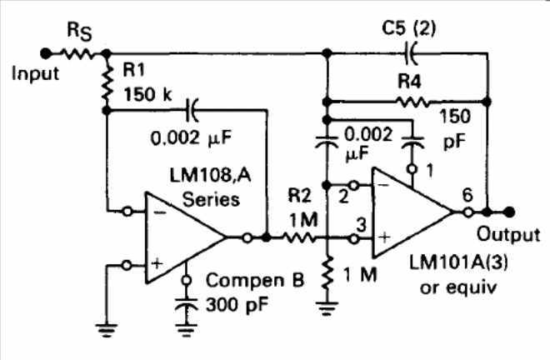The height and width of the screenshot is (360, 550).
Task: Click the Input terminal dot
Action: (45, 53)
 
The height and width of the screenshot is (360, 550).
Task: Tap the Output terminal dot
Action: (509, 212)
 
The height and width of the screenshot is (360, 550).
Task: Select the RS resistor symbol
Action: (77, 53)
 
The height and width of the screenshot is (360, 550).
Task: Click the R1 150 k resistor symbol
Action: (107, 82)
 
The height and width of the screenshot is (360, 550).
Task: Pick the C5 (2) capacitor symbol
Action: (410, 53)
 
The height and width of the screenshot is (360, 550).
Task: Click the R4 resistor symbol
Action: (412, 102)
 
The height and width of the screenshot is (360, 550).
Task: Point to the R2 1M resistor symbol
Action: (299, 237)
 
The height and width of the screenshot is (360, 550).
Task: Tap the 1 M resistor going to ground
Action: (327, 273)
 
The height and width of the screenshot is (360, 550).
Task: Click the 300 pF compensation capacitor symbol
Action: (187, 305)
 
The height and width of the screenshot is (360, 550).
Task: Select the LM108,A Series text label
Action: (211, 187)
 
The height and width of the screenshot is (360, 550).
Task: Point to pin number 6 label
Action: (467, 195)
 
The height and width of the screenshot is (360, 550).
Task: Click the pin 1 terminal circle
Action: (412, 169)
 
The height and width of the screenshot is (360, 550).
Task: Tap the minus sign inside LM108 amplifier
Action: (160, 212)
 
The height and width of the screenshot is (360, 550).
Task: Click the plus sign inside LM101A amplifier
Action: (384, 237)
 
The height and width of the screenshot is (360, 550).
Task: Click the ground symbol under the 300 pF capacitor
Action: (187, 331)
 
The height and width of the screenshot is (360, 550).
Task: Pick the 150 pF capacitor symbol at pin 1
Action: (412, 142)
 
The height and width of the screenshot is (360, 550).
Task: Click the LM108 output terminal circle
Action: (247, 237)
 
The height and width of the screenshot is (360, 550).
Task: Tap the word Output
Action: (508, 234)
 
